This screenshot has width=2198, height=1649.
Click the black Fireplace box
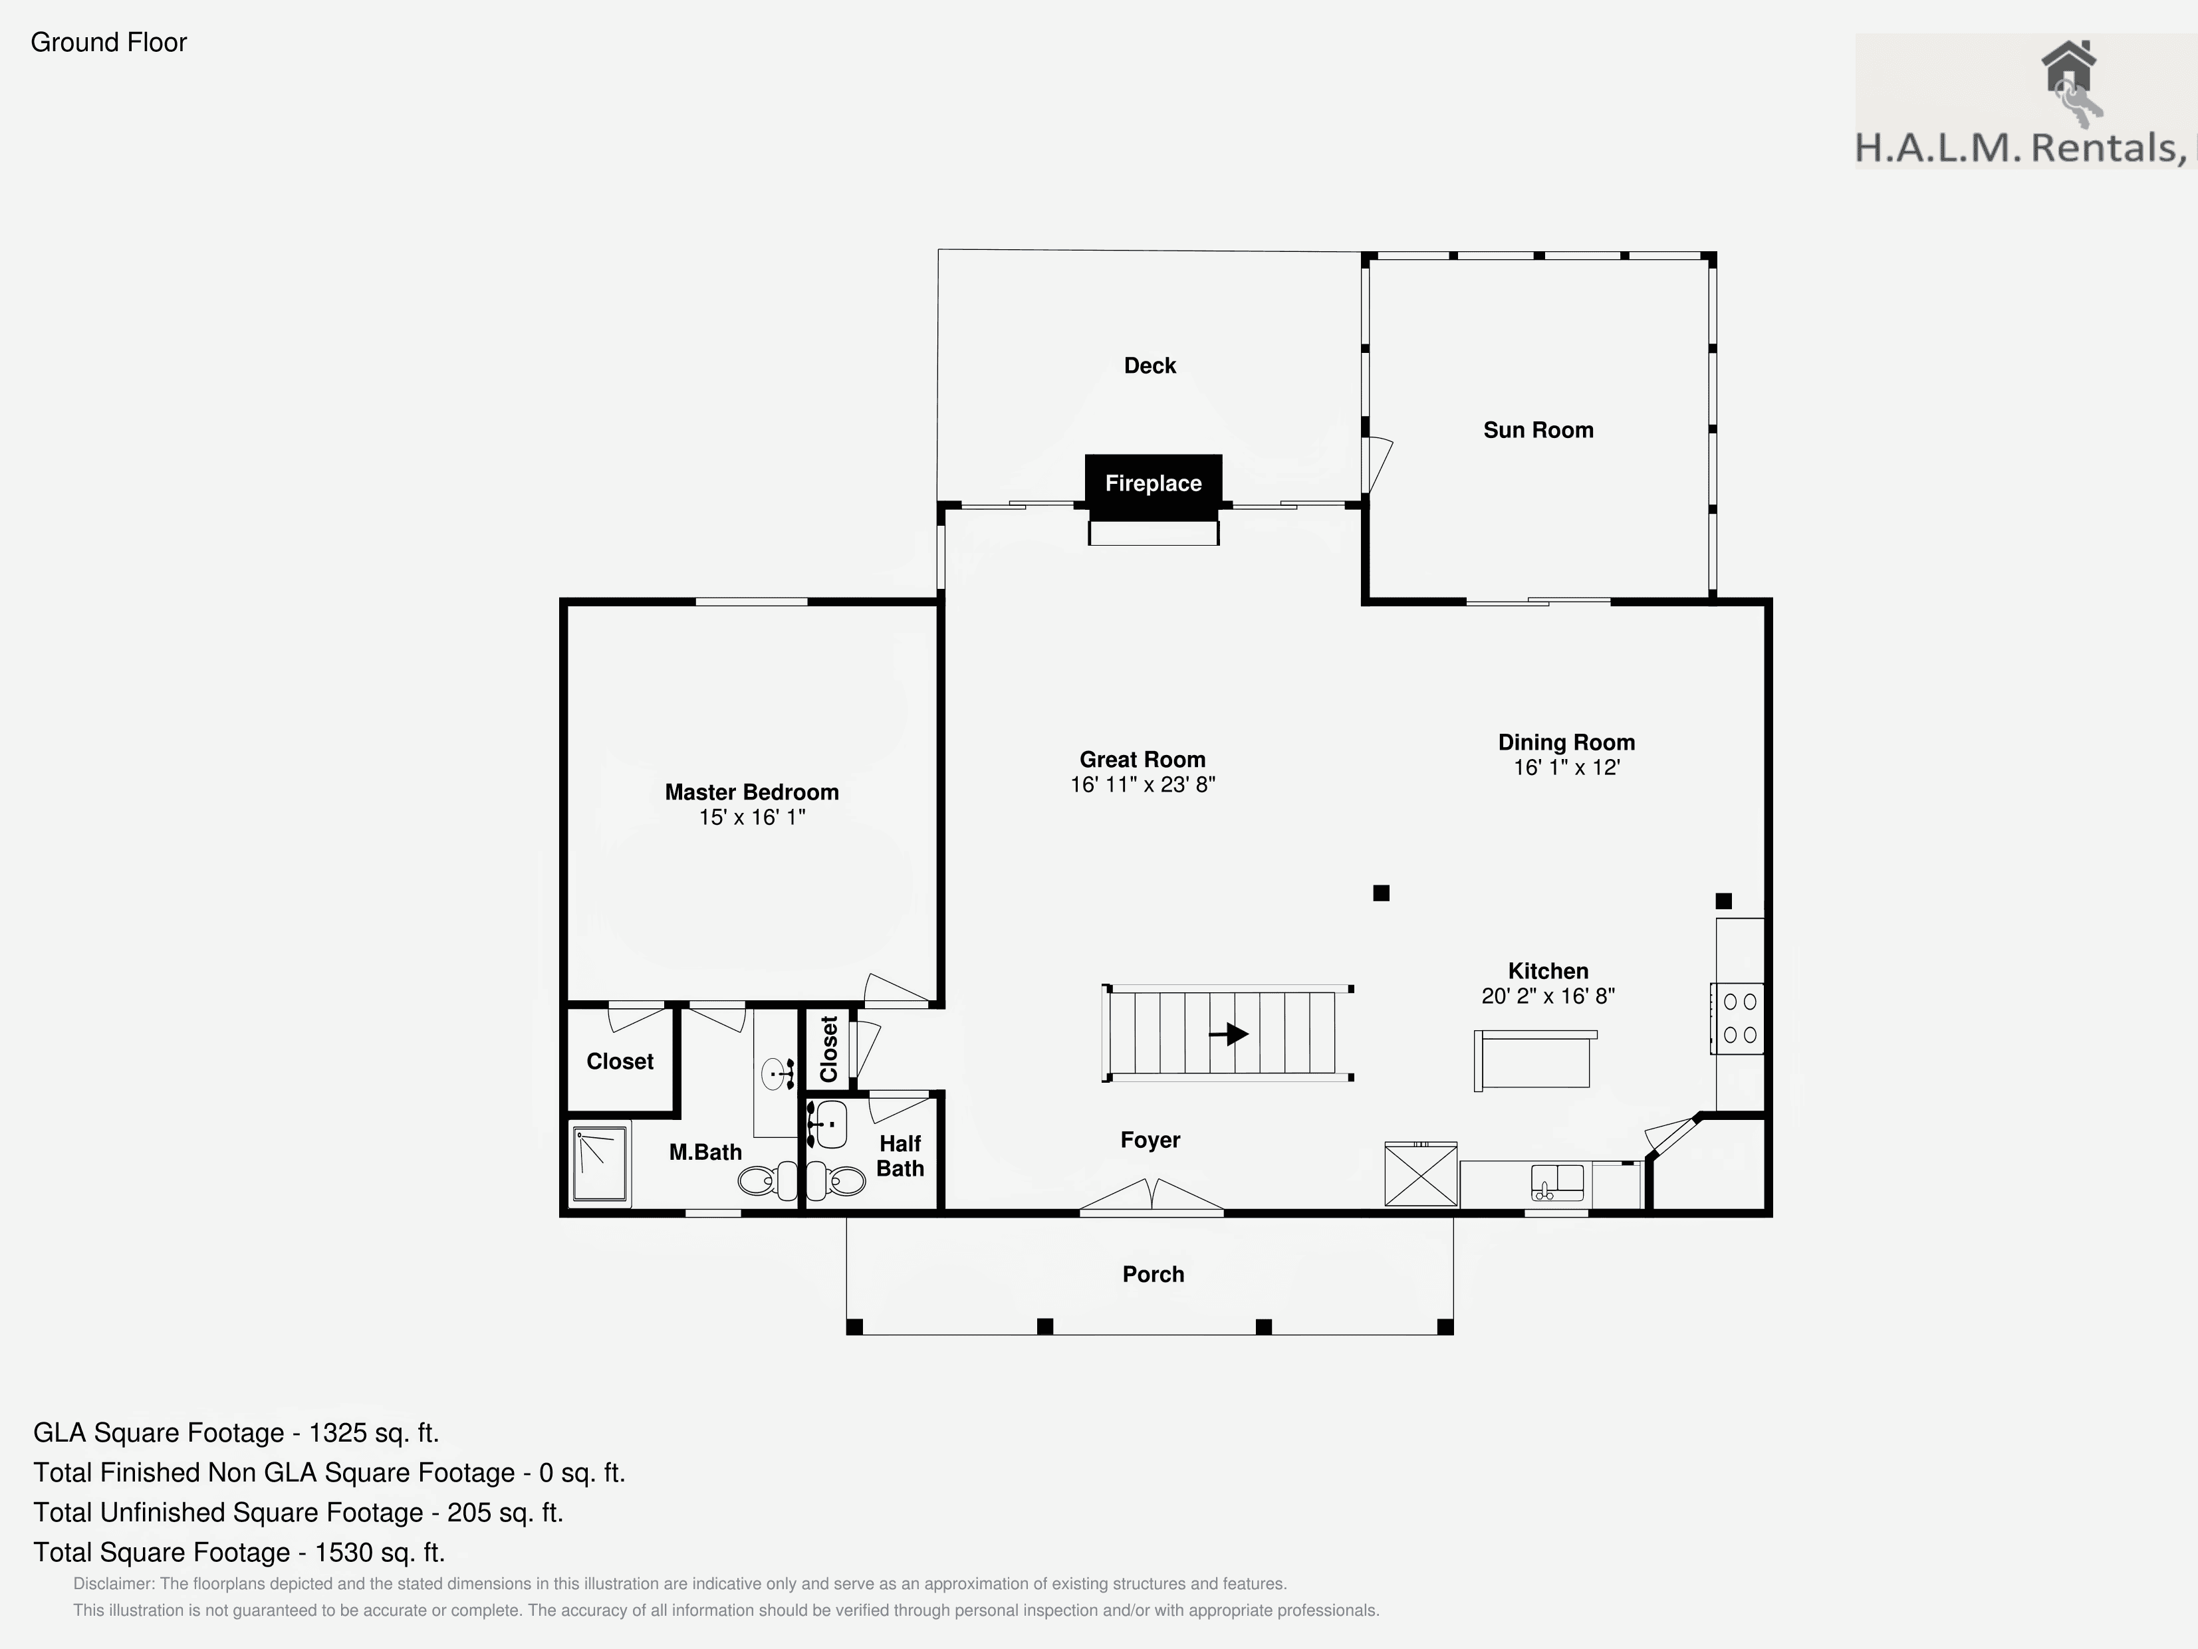click(x=1153, y=487)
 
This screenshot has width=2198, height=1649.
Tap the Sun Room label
click(x=1538, y=430)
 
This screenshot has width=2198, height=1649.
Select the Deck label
click(x=1150, y=366)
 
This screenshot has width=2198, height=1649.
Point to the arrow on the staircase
click(x=1229, y=1034)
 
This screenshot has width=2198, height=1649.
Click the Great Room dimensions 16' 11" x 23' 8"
click(x=1143, y=785)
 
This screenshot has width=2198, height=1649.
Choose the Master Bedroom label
click(x=751, y=792)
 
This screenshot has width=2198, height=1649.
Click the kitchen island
click(x=1535, y=1060)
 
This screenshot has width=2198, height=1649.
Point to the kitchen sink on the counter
click(x=1557, y=1182)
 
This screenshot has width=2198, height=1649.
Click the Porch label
click(x=1154, y=1275)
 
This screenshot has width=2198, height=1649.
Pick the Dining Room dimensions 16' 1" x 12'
click(x=1567, y=768)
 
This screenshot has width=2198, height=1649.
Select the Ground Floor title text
click(x=109, y=43)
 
